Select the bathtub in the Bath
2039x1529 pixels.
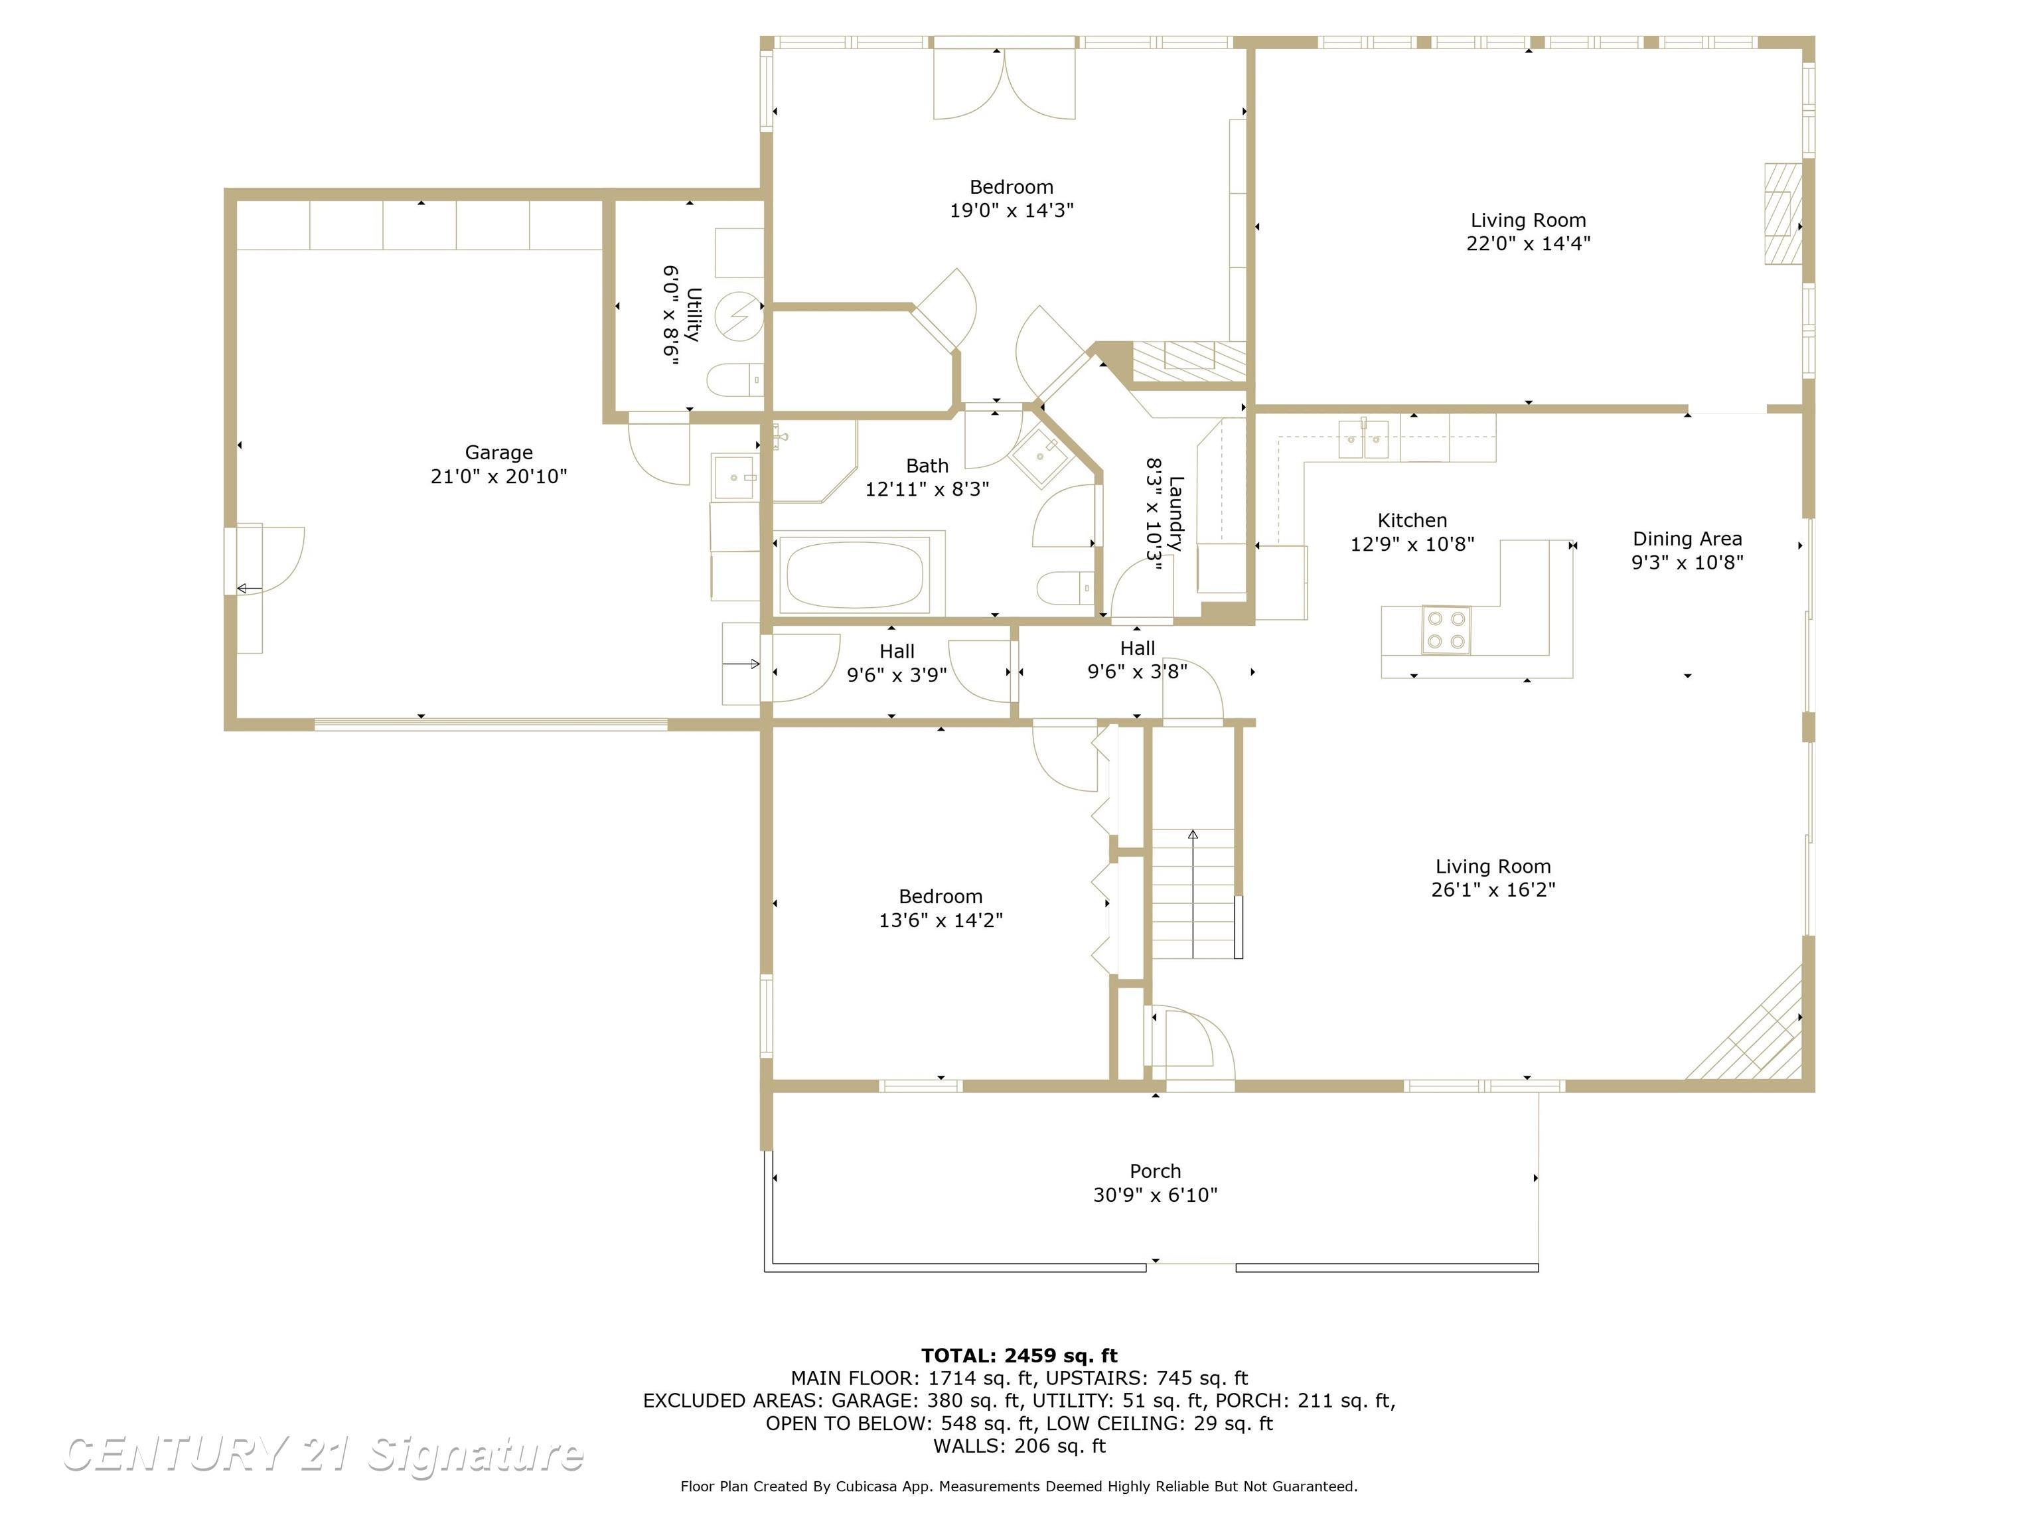click(x=854, y=573)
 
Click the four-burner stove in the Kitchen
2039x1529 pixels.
click(x=1446, y=630)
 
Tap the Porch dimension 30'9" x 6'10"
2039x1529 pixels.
click(x=1155, y=1195)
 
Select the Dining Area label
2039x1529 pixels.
click(x=1687, y=539)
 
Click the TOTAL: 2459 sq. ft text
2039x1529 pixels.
click(x=1019, y=1356)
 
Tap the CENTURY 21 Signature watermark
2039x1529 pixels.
click(x=323, y=1455)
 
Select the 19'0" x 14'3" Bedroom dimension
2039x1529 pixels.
click(x=1012, y=210)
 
